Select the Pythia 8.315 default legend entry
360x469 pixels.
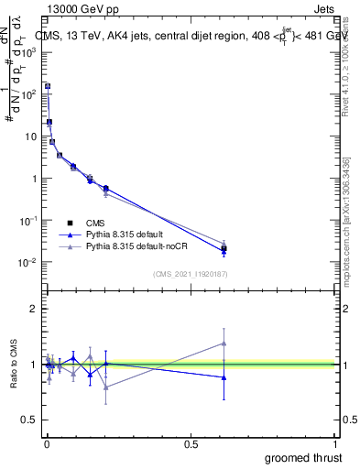point(128,234)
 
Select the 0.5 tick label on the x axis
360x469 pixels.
point(191,444)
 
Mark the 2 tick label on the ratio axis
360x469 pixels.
point(34,309)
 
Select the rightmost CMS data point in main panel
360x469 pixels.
point(224,248)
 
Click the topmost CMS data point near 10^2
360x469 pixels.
point(47,86)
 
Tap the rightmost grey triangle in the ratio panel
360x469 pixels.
point(224,344)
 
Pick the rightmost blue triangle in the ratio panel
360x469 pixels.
point(224,377)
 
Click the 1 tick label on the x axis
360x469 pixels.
point(336,444)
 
